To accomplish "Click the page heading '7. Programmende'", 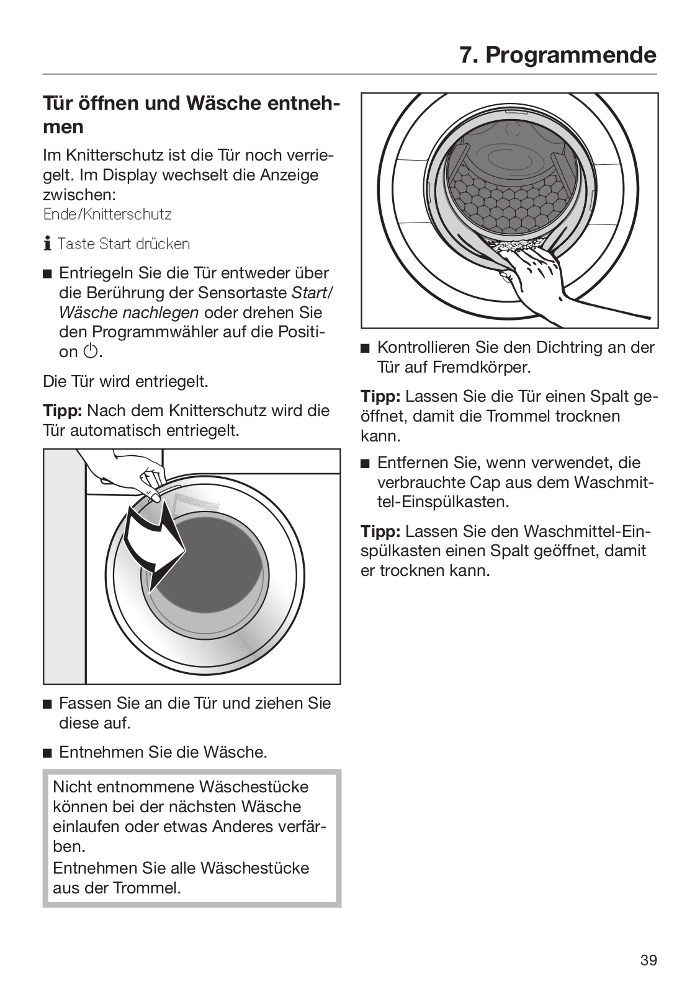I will [x=557, y=55].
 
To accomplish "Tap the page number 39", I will [x=648, y=960].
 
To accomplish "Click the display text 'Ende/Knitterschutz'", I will [x=107, y=215].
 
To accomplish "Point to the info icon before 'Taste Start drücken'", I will [x=47, y=244].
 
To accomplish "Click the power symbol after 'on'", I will [x=90, y=352].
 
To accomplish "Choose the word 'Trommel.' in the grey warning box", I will [x=147, y=888].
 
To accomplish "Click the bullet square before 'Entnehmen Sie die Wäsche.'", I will [x=47, y=753].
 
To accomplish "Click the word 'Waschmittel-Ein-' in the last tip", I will [x=586, y=531].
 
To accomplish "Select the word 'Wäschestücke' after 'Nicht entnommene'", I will [x=254, y=787].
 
